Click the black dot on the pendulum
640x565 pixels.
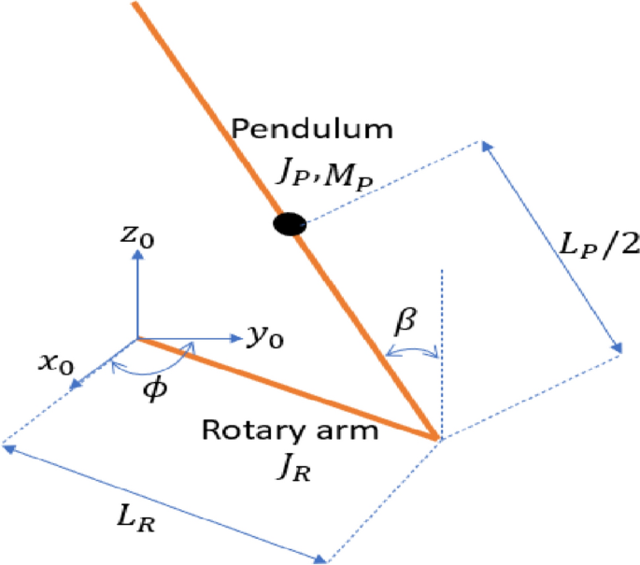point(288,223)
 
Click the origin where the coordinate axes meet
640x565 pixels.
point(137,337)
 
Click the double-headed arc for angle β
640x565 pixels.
point(411,350)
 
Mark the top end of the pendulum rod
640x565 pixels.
point(137,5)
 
